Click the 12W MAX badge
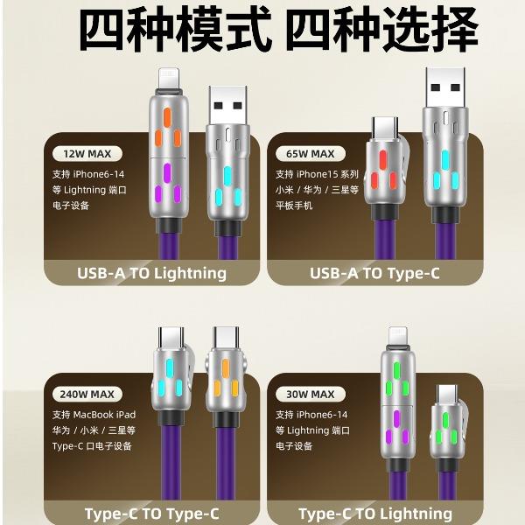87,154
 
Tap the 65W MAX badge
311,154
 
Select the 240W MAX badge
87,394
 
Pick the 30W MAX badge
311,394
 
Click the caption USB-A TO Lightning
151,273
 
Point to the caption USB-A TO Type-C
374,273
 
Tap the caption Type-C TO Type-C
151,514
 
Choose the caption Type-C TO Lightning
375,514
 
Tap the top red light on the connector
382,160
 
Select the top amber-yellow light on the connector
226,369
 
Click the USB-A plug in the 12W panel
228,106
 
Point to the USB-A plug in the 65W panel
445,87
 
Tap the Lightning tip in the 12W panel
169,79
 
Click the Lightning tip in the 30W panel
398,337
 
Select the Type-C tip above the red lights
385,129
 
